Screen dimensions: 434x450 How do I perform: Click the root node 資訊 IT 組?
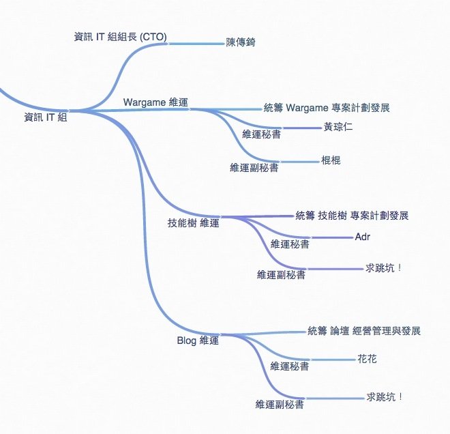[45, 117]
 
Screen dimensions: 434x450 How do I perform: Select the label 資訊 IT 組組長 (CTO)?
[120, 36]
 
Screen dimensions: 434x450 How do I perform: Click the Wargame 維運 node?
[156, 102]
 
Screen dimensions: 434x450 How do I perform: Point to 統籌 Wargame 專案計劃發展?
[327, 108]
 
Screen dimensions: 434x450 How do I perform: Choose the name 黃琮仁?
[337, 127]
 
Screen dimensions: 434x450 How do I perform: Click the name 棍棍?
[331, 161]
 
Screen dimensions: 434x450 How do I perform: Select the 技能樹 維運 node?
[194, 222]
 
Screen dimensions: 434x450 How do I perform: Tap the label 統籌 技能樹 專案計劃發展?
[352, 216]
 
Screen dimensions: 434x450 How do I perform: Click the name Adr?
[363, 237]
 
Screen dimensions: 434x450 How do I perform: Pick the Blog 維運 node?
[198, 341]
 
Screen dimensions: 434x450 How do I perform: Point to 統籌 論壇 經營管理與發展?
[364, 332]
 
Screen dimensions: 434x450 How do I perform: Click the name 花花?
[367, 358]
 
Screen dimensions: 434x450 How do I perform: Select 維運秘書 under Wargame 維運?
[261, 134]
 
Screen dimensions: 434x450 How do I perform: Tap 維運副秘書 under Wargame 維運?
[254, 168]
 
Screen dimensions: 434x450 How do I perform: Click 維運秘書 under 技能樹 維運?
[290, 244]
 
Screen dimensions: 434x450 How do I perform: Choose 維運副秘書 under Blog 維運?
[280, 405]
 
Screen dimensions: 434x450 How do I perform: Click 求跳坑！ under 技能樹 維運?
[385, 268]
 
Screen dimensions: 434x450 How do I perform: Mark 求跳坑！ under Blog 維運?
[385, 396]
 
